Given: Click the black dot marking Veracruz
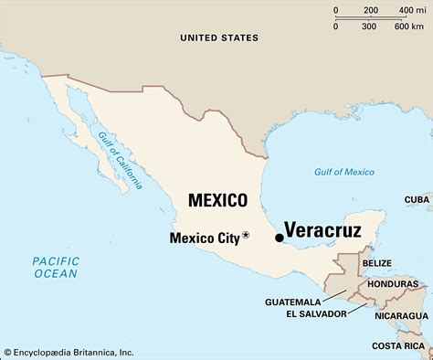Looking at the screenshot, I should coord(279,238).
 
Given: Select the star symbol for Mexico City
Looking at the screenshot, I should coord(246,237).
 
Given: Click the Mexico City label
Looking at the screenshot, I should coord(206,238).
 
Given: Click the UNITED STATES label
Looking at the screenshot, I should coord(218,37).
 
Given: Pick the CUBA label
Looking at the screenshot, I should coord(417,198).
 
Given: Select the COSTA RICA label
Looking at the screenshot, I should coord(399,346).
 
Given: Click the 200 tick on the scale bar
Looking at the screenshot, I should coord(371,10).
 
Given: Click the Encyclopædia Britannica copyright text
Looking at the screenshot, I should coord(69,352).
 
